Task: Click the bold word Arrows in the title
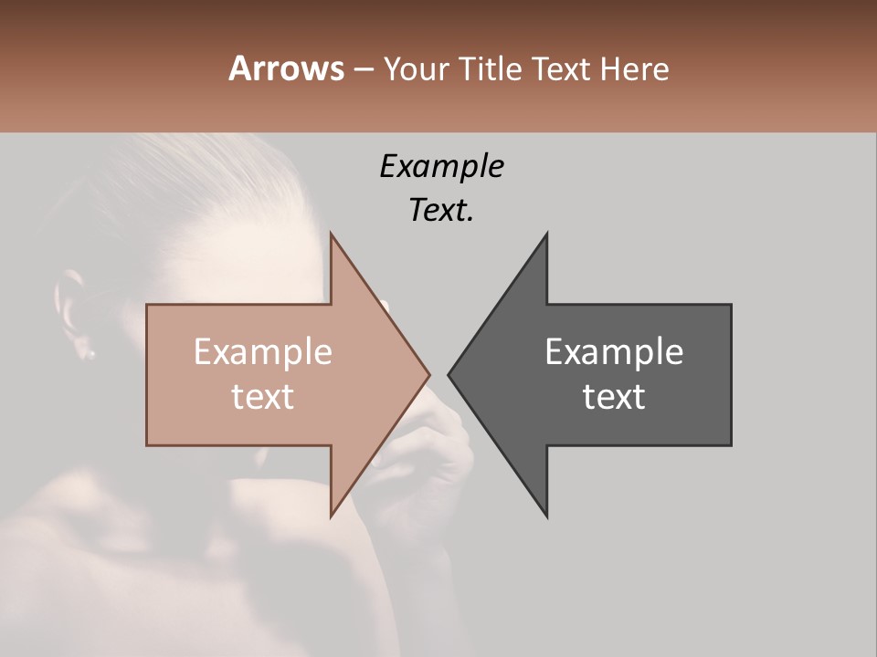click(286, 68)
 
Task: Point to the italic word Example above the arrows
click(441, 167)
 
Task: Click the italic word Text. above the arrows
click(441, 211)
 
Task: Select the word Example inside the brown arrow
click(262, 352)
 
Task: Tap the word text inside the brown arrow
click(262, 397)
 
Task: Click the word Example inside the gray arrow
click(614, 352)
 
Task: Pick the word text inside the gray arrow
click(614, 397)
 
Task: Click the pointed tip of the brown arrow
click(429, 374)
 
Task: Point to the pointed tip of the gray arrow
click(449, 374)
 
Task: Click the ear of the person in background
click(73, 310)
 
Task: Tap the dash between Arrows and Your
click(363, 70)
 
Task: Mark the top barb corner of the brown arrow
click(331, 234)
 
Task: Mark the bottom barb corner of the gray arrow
click(547, 516)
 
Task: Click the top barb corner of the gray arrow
click(547, 234)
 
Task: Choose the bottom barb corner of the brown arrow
click(331, 516)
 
